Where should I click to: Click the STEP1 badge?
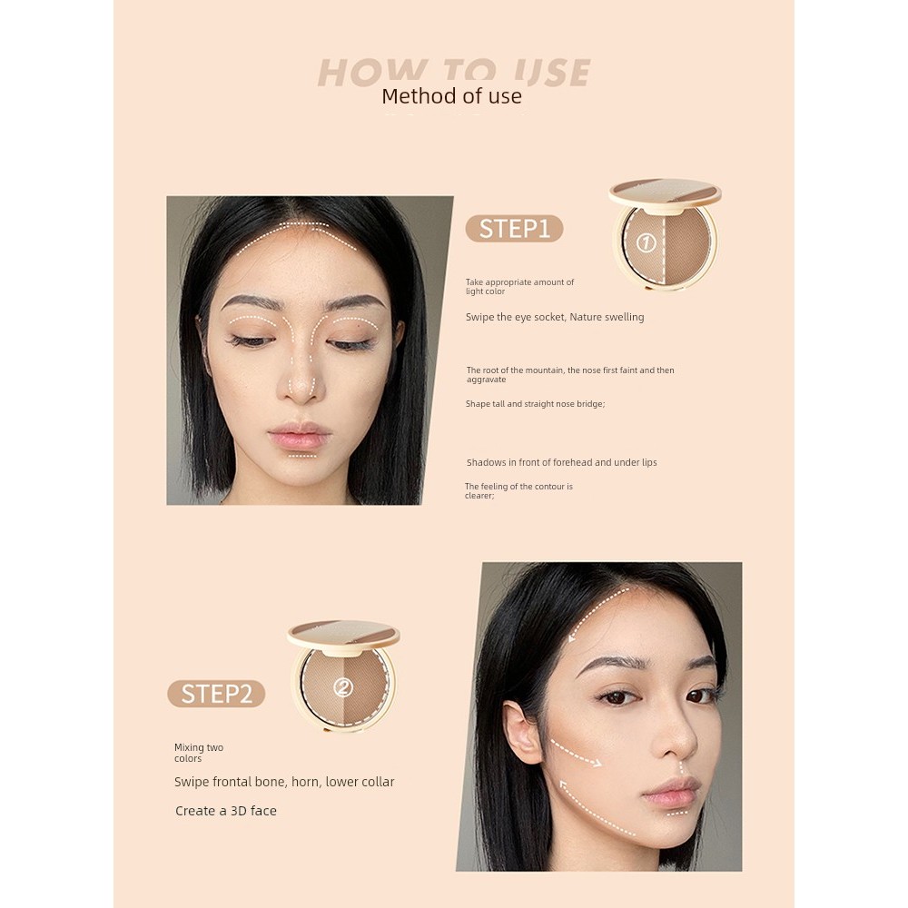point(514,228)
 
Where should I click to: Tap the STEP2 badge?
point(216,694)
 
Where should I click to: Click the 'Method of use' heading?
point(451,96)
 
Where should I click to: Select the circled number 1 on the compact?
point(646,243)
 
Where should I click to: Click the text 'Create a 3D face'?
point(226,811)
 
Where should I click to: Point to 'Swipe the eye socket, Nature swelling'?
point(555,317)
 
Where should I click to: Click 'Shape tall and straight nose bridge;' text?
point(535,403)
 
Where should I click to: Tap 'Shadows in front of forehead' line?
point(561,462)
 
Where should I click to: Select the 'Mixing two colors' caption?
point(199,753)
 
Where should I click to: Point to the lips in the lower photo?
point(671,791)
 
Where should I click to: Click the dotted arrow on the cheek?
point(575,753)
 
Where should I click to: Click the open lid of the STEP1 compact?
point(665,192)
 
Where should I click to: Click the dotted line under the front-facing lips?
point(302,456)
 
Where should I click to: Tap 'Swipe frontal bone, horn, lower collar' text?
point(284,782)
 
